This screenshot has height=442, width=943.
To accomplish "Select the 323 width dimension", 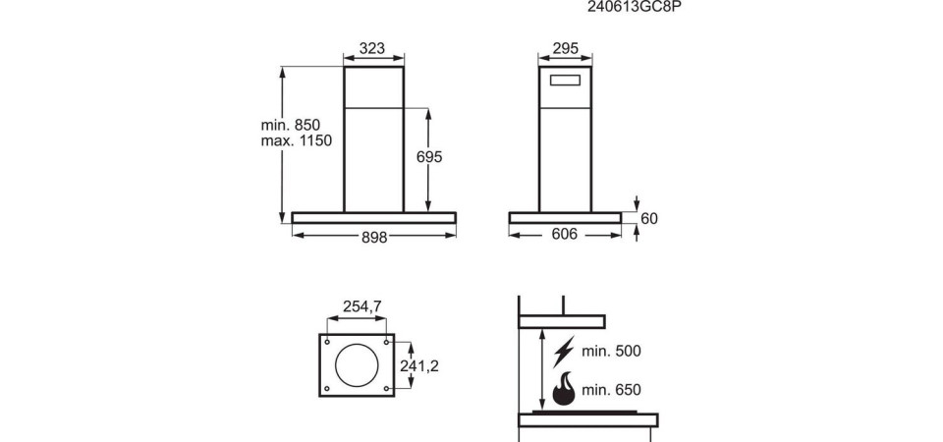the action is (x=371, y=48).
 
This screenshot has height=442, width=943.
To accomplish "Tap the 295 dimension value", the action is (x=566, y=48).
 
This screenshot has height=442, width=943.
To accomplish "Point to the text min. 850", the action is (x=291, y=125).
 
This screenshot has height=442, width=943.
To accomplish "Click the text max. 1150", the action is (x=296, y=141).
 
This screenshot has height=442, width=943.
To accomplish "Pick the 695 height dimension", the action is (x=429, y=157).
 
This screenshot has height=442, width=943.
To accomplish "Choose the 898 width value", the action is (x=374, y=238).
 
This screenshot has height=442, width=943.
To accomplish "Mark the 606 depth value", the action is (x=564, y=234).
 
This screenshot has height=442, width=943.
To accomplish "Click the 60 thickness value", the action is (x=649, y=219).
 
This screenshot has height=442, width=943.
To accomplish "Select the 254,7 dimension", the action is (x=362, y=306).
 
